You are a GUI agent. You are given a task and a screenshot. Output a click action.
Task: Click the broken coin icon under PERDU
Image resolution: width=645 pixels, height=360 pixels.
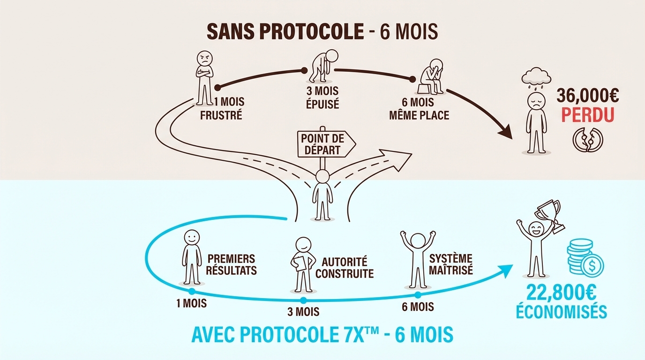pyautogui.click(x=586, y=139)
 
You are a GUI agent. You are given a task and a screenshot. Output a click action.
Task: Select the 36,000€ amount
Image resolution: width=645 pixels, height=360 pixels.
pyautogui.click(x=588, y=96)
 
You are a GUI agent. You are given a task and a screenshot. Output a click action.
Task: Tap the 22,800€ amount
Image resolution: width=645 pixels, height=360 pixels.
pyautogui.click(x=561, y=294)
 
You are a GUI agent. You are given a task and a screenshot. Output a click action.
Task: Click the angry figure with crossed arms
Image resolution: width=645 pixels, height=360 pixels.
pyautogui.click(x=204, y=77)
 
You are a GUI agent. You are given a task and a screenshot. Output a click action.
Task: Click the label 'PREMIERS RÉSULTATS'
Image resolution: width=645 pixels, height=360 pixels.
pyautogui.click(x=232, y=264)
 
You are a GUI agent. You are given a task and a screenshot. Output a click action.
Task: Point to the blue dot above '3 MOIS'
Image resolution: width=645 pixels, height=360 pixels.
pyautogui.click(x=303, y=300)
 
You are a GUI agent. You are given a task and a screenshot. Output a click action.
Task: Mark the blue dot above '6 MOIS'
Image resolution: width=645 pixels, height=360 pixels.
pyautogui.click(x=417, y=295)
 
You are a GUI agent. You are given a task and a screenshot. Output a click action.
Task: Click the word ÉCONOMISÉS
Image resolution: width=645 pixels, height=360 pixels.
pyautogui.click(x=561, y=312)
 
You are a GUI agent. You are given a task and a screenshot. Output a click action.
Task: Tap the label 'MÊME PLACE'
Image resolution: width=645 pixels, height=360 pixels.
pyautogui.click(x=419, y=114)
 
